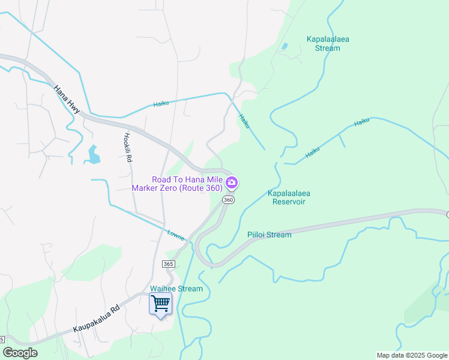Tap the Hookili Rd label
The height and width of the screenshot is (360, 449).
coord(127,148)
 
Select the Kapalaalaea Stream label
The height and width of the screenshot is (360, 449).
coord(328,44)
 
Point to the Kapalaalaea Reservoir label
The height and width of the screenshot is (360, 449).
coord(286,197)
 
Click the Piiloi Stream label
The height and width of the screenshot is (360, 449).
coord(270,235)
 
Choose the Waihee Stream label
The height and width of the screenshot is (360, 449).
coord(177,289)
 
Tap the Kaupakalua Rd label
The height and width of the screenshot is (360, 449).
coord(97,319)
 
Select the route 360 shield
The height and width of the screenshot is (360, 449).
coord(228,200)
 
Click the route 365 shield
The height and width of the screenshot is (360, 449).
coord(168,264)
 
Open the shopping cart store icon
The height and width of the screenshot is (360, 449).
coord(160,304)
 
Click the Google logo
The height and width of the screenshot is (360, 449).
coord(20,353)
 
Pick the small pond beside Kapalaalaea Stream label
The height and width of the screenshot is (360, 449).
coord(284,46)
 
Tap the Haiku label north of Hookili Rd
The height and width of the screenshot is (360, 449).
coord(161,103)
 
